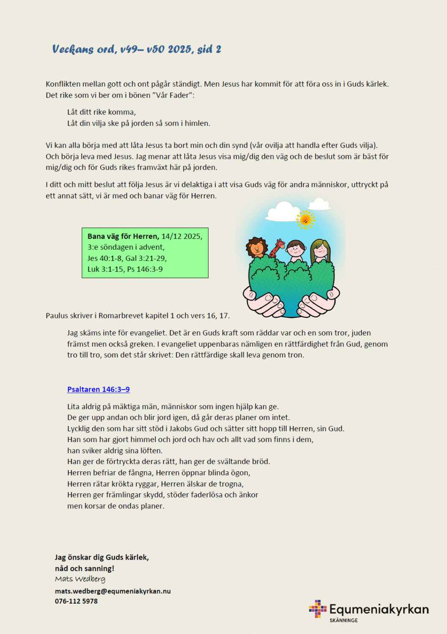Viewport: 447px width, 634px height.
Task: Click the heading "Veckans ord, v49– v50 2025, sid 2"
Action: pyautogui.click(x=137, y=49)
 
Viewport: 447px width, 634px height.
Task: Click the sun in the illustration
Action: pyautogui.click(x=305, y=219)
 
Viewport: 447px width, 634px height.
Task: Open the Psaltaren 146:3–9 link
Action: pyautogui.click(x=98, y=389)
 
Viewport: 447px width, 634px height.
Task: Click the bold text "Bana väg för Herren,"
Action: pyautogui.click(x=123, y=236)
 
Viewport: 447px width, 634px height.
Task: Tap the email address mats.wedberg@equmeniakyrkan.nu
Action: pyautogui.click(x=113, y=591)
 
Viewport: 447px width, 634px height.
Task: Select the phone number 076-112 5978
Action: pyautogui.click(x=76, y=601)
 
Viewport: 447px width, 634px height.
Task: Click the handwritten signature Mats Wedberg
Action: pyautogui.click(x=80, y=579)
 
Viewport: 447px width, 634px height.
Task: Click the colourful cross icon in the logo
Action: pyautogui.click(x=318, y=609)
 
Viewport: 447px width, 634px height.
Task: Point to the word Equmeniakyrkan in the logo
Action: pyautogui.click(x=379, y=609)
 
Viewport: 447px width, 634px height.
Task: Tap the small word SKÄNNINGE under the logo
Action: pyautogui.click(x=344, y=620)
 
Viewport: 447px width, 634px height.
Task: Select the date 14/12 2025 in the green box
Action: pyautogui.click(x=182, y=236)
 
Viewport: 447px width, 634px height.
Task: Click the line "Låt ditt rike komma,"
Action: pyautogui.click(x=101, y=112)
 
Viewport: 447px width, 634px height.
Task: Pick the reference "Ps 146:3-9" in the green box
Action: pyautogui.click(x=145, y=269)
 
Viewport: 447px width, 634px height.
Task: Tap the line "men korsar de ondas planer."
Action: pyautogui.click(x=115, y=506)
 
